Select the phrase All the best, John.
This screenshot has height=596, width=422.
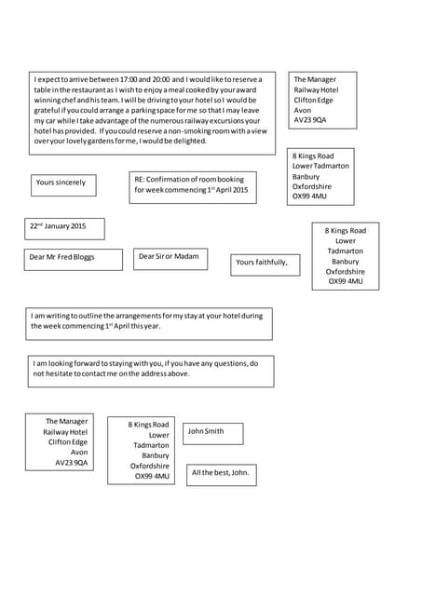click(x=221, y=473)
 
